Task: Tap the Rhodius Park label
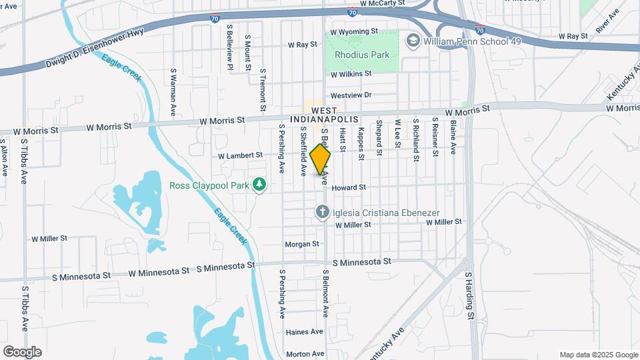[x=362, y=55]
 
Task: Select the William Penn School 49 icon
[x=413, y=41]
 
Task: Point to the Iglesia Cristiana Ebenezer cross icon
[x=322, y=213]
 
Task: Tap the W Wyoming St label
[x=354, y=31]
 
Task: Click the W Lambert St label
[x=240, y=155]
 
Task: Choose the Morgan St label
[x=302, y=244]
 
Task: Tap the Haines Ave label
[x=304, y=331]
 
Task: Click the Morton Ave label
[x=304, y=354]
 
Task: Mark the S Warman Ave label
[x=173, y=91]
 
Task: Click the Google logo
[x=22, y=352]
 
